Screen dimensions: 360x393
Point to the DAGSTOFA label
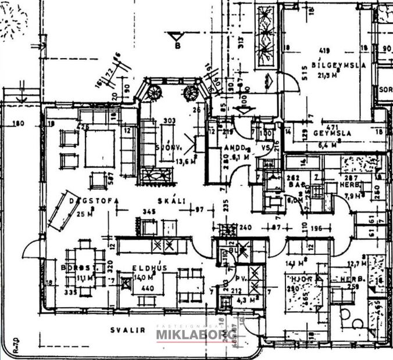pos(94,201)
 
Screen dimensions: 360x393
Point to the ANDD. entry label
pos(235,147)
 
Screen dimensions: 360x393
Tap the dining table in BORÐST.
pos(86,268)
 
